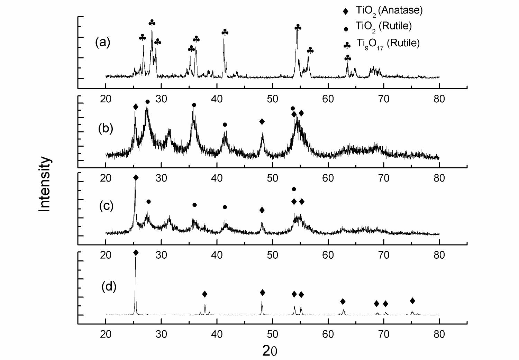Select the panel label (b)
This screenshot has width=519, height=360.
[x=106, y=128]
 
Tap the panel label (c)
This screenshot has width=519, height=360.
[x=106, y=206]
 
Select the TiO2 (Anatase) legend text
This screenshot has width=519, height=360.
[x=389, y=10]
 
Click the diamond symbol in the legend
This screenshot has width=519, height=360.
[x=345, y=11]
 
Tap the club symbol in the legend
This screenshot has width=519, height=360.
[x=347, y=45]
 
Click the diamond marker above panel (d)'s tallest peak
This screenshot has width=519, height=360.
[x=136, y=253]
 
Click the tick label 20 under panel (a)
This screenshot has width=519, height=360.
[x=106, y=99]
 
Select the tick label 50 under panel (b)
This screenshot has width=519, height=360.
[x=273, y=178]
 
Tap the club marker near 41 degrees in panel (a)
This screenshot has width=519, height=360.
[x=225, y=33]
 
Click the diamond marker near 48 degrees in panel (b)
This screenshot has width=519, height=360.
[x=262, y=121]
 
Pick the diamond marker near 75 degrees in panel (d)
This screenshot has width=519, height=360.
[x=412, y=301]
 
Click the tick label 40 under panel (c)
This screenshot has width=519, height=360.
[x=217, y=256]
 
